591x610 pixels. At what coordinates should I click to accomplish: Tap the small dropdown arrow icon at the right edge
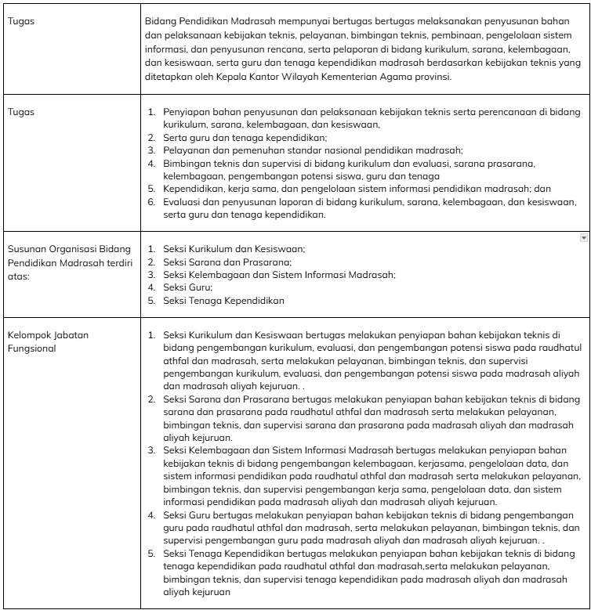point(582,236)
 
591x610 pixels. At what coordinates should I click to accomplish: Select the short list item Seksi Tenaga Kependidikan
point(223,300)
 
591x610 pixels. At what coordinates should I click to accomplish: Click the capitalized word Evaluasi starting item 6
point(183,201)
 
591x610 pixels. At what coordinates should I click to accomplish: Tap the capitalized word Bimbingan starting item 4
point(186,163)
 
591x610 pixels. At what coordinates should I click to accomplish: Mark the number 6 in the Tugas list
point(152,201)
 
